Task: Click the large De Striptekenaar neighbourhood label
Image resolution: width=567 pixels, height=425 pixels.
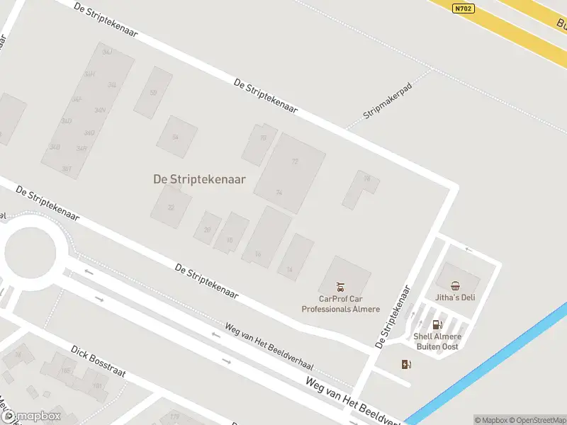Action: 199,179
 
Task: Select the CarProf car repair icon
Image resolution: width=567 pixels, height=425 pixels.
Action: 341,287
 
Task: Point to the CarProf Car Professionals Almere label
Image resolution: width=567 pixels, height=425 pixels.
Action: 341,304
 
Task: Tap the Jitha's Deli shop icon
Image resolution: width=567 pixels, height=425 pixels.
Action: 455,285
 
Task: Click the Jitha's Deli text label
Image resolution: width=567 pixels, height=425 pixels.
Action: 455,297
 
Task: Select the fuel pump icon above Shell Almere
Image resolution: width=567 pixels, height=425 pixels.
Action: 437,324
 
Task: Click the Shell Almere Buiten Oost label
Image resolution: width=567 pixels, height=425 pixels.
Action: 437,341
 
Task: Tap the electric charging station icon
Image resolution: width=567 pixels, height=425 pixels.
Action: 406,364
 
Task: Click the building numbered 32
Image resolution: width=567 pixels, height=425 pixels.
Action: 171,207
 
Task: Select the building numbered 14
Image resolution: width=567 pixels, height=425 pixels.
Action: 289,269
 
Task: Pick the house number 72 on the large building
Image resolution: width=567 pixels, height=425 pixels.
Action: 295,161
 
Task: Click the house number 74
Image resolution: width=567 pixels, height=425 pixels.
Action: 279,192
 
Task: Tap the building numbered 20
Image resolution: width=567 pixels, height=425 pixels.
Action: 207,229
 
